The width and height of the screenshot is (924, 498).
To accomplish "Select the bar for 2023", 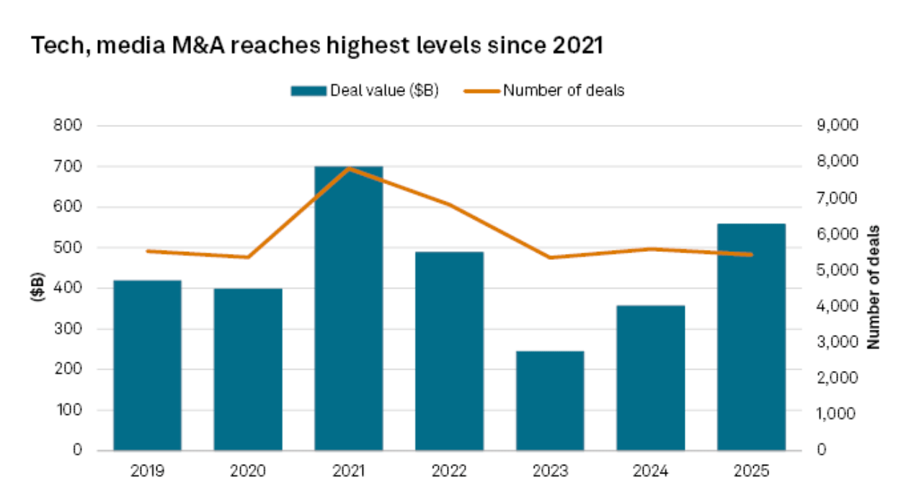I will pos(549,401).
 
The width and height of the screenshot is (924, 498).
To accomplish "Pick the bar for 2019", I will pos(147,365).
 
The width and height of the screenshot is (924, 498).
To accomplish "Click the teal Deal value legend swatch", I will pos(308,91).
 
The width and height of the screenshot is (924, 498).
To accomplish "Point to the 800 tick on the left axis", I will pos(68,126).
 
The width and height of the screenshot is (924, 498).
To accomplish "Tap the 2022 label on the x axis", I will pos(448,472).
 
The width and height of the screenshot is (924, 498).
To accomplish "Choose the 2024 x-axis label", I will pos(649,472).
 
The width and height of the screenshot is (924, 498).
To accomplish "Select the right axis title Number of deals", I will pos(874,287).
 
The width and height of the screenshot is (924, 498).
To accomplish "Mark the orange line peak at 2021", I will pos(348,168).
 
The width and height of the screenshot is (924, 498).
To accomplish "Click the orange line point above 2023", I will pos(549,258).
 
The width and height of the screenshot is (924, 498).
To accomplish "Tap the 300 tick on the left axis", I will pos(68,329).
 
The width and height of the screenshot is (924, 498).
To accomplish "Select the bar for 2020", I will pos(247,370).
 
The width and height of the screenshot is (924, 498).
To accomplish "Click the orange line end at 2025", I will pos(751,255).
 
